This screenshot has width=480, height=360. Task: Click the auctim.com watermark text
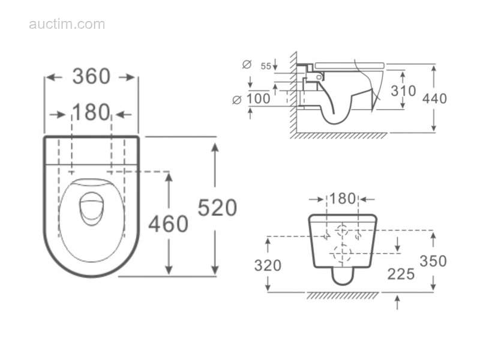(67, 25)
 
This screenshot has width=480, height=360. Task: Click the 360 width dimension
(91, 77)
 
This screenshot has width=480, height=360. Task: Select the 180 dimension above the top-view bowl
(91, 112)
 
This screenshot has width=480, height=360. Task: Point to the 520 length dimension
(217, 208)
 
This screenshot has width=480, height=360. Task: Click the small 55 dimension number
(266, 66)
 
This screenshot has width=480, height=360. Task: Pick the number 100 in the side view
(259, 98)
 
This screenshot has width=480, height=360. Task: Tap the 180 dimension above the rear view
(343, 199)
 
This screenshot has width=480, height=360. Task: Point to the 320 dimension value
(268, 265)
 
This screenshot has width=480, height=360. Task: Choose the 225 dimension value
(401, 274)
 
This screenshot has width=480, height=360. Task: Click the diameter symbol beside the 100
(236, 100)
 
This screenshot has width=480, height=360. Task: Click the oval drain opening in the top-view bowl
(89, 208)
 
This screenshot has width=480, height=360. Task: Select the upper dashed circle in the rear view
(343, 230)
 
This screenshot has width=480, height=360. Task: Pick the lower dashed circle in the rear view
(343, 254)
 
